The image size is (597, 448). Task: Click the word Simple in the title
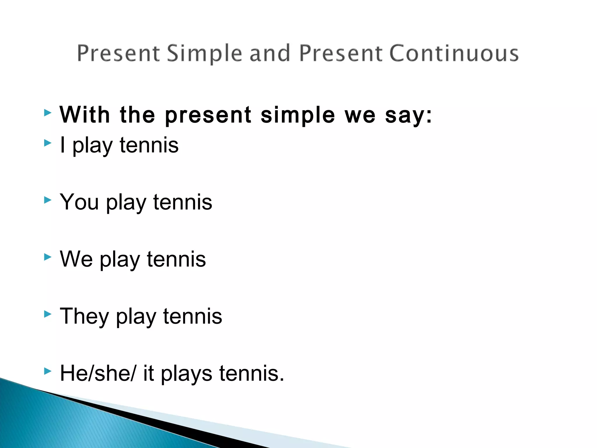point(204,54)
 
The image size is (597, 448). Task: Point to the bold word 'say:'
point(408,116)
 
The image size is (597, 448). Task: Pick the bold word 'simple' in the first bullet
point(298,116)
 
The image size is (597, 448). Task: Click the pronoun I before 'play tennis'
point(62,145)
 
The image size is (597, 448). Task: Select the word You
point(79,202)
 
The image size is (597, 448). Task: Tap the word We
point(76,259)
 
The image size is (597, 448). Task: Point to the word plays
point(187,374)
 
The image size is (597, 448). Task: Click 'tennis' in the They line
point(193,316)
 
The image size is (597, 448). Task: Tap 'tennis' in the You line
point(183,202)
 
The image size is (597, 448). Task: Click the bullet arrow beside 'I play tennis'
point(48,143)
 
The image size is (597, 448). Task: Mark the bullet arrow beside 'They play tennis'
point(48,314)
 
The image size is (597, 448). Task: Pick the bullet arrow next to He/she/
point(48,371)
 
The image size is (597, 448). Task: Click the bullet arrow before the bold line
point(48,113)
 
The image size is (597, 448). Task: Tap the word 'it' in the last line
point(148,373)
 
